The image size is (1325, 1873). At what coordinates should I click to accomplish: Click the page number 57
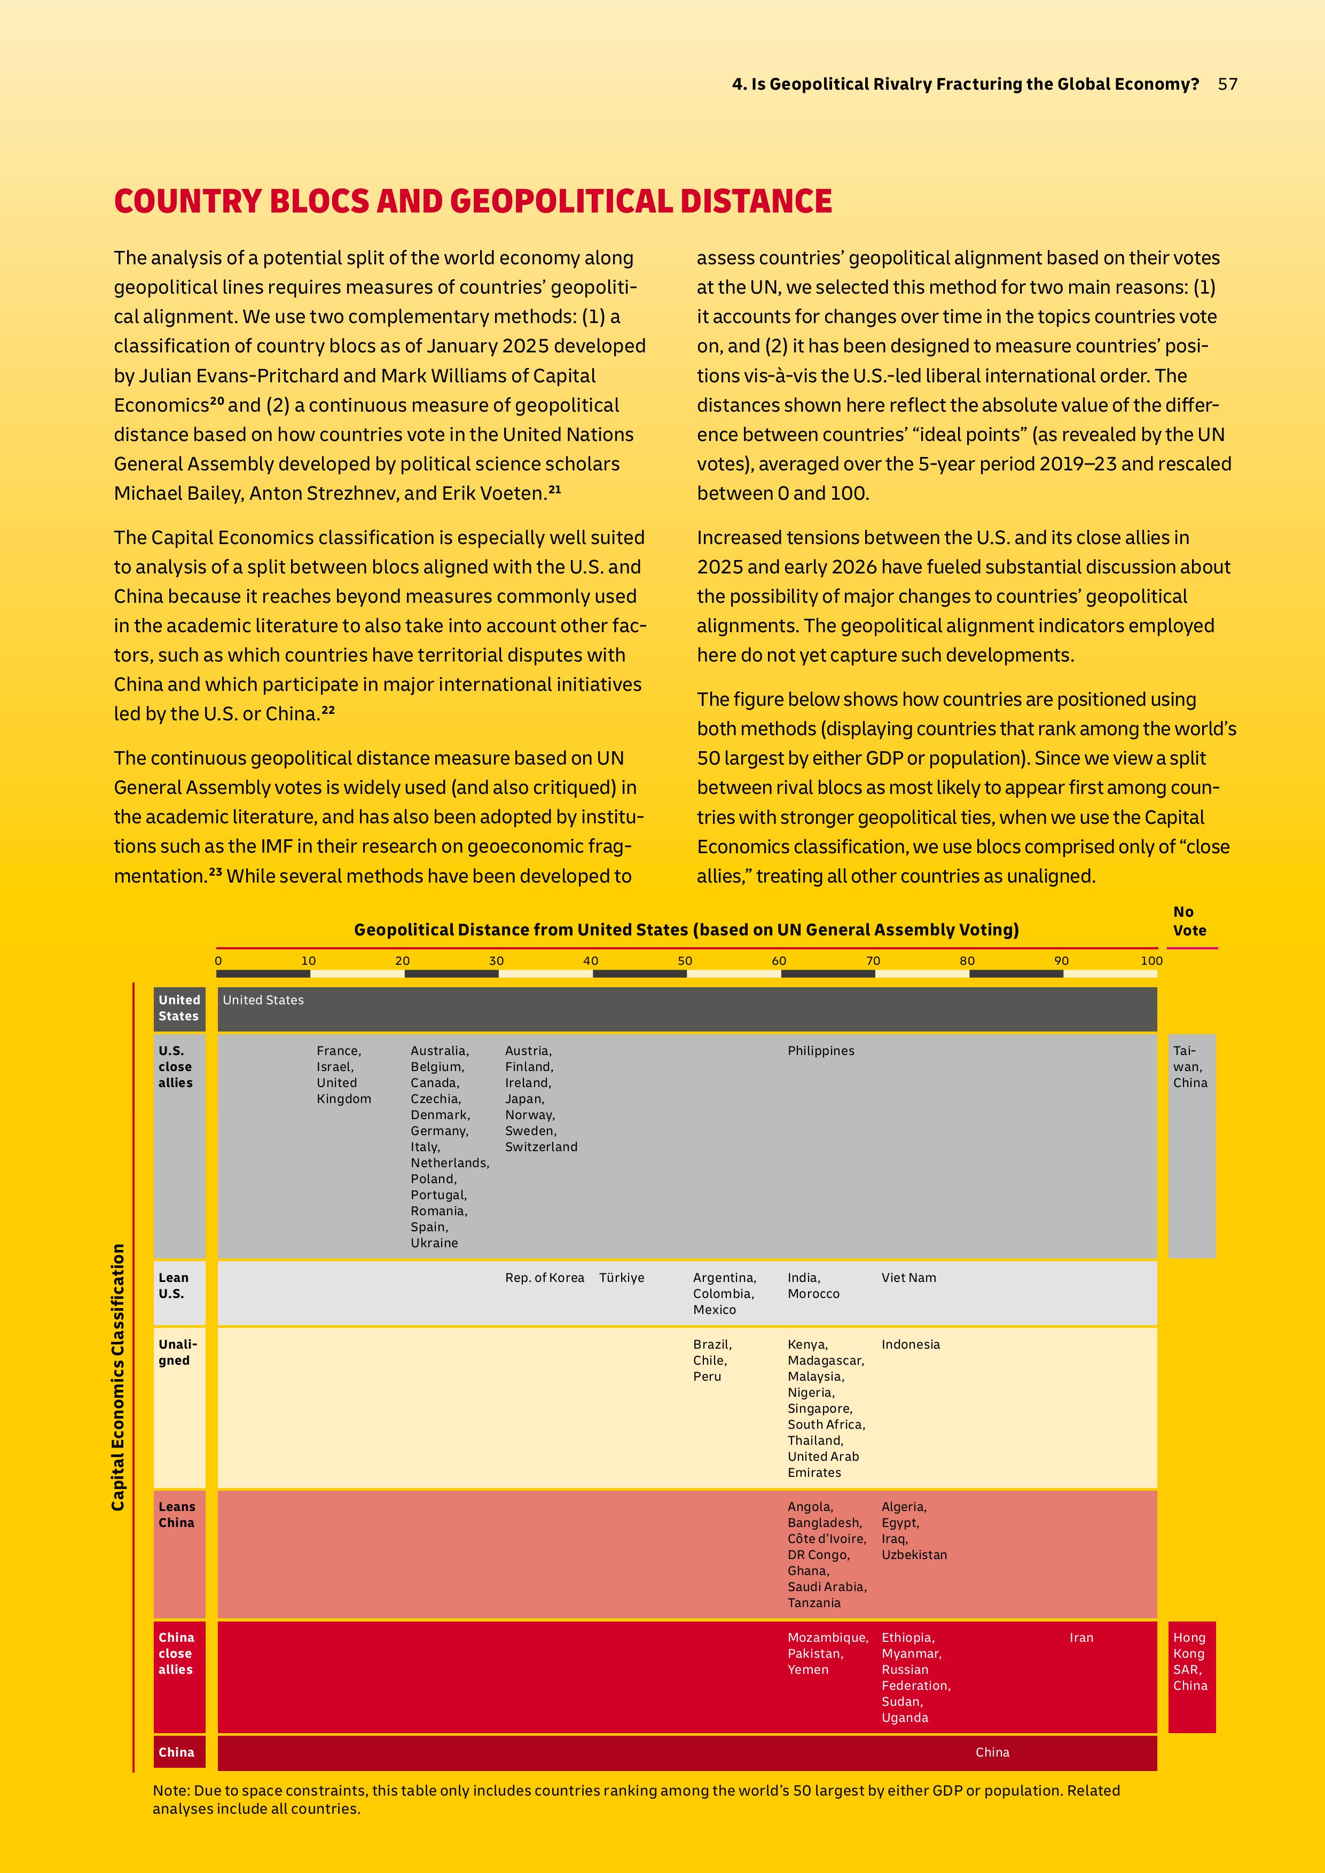tap(1227, 84)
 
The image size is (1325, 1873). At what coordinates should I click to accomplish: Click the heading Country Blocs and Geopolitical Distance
tap(473, 201)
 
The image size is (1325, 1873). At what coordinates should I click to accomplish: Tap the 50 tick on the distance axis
tap(685, 961)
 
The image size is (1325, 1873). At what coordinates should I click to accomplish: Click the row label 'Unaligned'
tap(178, 1352)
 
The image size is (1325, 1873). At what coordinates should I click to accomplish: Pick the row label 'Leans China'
tap(176, 1514)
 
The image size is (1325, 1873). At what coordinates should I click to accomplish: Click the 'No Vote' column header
tap(1189, 921)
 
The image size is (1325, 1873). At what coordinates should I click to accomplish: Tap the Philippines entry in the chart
tap(821, 1051)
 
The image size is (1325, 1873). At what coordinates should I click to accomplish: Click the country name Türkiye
tap(622, 1278)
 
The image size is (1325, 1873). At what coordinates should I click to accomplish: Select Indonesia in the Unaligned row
tap(911, 1344)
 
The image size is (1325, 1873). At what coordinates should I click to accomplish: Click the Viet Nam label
tap(908, 1278)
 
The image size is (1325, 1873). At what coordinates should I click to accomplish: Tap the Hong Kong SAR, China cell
tap(1190, 1661)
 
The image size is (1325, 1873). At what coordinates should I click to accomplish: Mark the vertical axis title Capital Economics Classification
tap(119, 1377)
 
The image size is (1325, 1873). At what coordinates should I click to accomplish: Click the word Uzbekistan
tap(914, 1555)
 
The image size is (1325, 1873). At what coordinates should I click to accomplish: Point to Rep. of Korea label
tap(544, 1278)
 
